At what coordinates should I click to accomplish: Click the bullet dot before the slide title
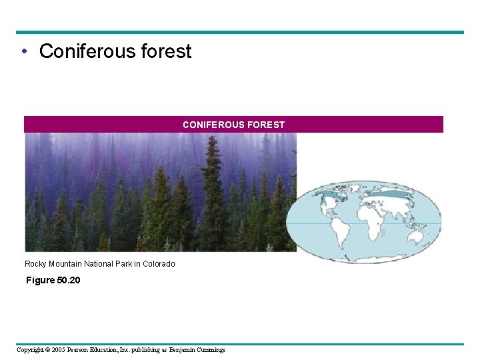click(24, 52)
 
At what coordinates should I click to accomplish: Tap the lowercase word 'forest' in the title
click(168, 51)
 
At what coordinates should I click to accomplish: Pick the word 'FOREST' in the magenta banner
click(266, 125)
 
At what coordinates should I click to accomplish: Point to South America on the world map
click(341, 234)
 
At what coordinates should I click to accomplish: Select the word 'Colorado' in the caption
click(159, 264)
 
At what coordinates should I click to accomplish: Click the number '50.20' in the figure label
click(69, 280)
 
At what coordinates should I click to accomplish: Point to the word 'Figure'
click(40, 280)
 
